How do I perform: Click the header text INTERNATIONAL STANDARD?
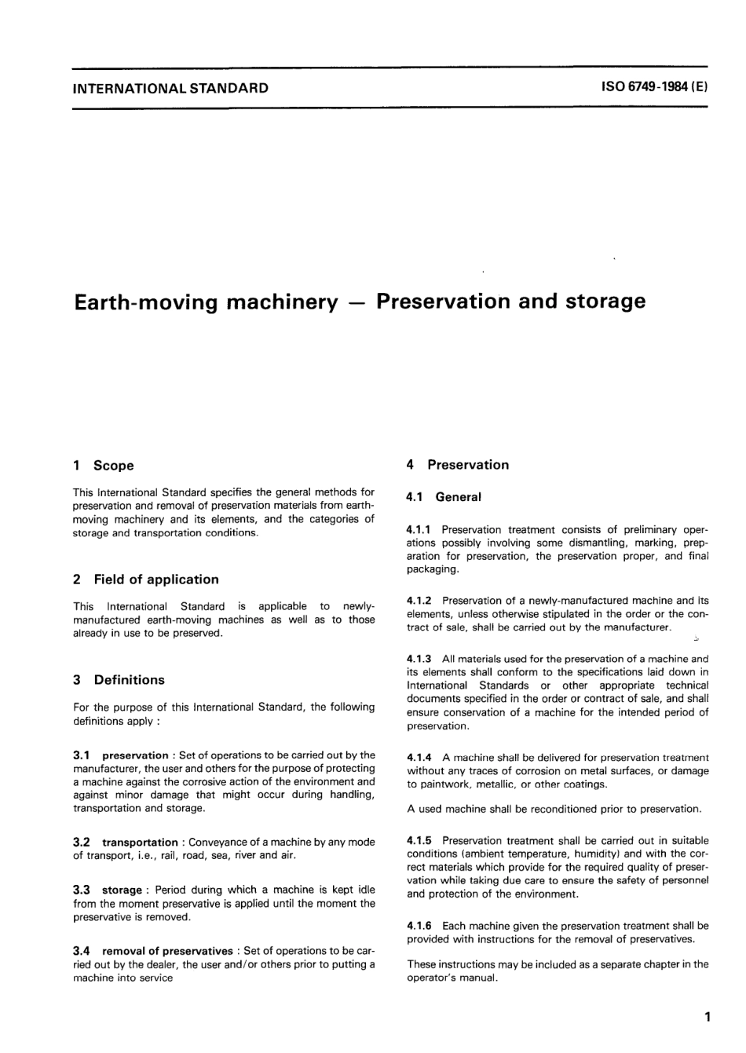[170, 88]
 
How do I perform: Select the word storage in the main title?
[605, 302]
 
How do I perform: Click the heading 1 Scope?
[104, 466]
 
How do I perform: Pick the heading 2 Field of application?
[146, 580]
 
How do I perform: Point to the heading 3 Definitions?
[119, 680]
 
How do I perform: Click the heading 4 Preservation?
[458, 465]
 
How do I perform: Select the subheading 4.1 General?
[444, 497]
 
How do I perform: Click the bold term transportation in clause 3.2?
[140, 843]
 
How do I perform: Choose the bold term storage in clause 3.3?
[122, 890]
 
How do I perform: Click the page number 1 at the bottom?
[708, 1018]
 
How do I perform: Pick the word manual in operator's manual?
[481, 978]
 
